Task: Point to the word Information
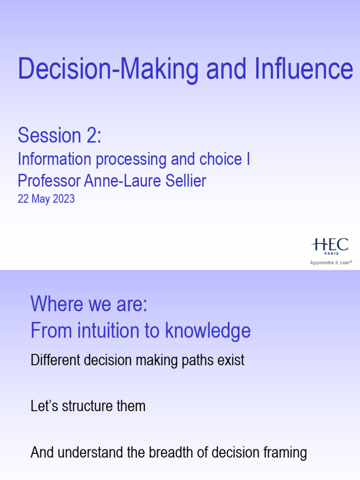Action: [54, 159]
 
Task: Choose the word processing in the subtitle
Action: [130, 160]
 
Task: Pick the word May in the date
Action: [39, 199]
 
